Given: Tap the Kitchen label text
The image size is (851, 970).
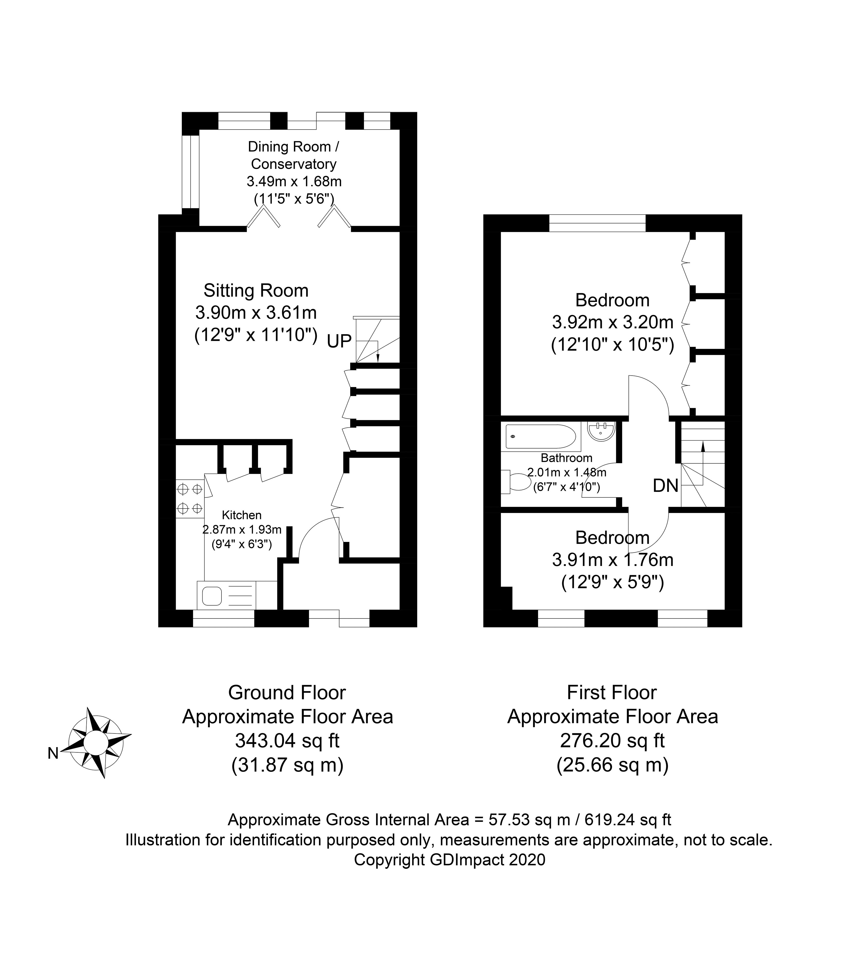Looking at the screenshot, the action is pos(242,515).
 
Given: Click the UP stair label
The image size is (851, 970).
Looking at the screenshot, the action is pos(339,341).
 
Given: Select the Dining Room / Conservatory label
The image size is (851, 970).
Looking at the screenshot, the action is pos(293,155).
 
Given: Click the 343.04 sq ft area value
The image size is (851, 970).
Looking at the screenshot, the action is pos(287,740).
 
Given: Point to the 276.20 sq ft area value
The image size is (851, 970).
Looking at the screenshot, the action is pos(612,740).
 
